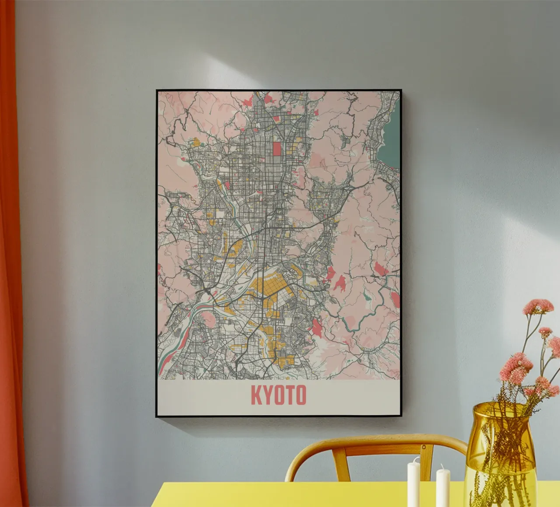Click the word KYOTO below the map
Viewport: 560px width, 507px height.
tap(278, 395)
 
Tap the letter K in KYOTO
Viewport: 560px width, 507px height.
tap(255, 395)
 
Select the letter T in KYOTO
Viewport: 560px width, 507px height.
tap(289, 395)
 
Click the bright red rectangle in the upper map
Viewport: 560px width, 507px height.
tap(277, 149)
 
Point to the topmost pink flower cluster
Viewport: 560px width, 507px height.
tap(538, 306)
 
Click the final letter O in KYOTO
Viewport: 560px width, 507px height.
tap(300, 395)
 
